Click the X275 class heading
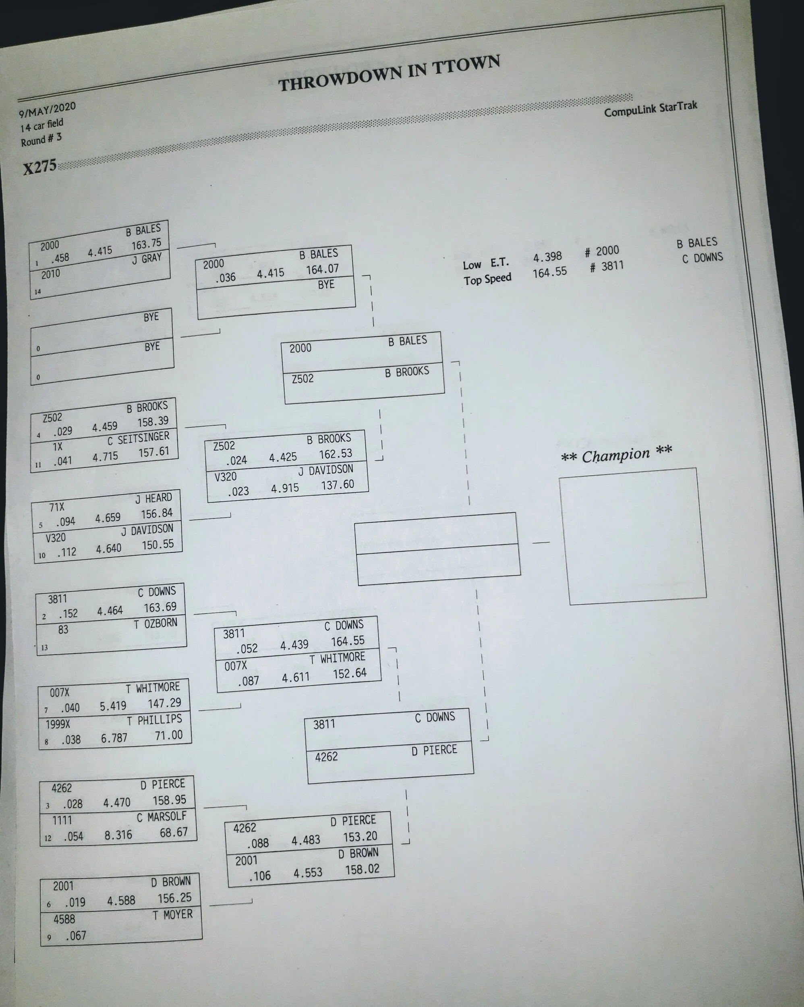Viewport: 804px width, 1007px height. coord(40,166)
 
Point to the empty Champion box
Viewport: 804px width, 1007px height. coord(632,536)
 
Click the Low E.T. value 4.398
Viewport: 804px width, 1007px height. coord(547,257)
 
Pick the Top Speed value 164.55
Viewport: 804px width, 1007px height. coord(549,272)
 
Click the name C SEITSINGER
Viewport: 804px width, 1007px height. coord(138,439)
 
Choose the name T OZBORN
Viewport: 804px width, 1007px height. coord(155,624)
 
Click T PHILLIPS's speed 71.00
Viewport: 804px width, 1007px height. coord(169,735)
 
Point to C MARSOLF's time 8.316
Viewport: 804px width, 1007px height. coord(118,835)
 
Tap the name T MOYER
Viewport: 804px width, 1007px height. coord(172,914)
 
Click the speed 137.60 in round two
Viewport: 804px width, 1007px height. coord(337,485)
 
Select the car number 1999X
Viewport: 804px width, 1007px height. coord(58,724)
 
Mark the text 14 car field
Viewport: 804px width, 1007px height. coord(41,125)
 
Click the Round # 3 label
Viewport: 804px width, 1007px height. coord(41,139)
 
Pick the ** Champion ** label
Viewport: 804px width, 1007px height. coord(616,454)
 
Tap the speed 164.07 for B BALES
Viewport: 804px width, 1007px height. coord(322,269)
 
